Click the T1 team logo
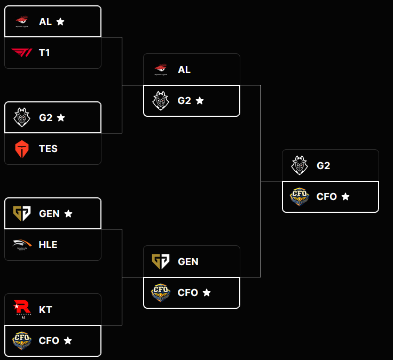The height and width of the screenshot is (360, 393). [22, 52]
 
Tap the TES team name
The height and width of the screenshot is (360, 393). [48, 149]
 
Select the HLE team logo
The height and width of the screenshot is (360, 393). [22, 244]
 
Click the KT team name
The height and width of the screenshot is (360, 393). [45, 309]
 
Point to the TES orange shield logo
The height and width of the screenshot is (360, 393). [22, 149]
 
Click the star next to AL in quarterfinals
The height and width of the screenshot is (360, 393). [60, 22]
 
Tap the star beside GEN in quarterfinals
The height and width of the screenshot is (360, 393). [68, 213]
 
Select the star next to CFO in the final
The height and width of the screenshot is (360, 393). [345, 197]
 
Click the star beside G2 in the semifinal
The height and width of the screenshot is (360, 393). [200, 101]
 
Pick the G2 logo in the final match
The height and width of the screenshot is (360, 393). [300, 165]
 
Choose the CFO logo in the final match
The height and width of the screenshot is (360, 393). [300, 197]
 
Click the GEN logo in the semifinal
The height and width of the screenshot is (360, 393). [161, 261]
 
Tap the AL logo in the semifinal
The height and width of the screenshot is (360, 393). [161, 69]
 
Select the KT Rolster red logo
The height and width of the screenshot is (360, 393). [22, 309]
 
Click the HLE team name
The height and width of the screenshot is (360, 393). [48, 245]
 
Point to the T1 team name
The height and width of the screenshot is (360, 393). [44, 53]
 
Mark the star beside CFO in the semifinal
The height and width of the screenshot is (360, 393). [207, 293]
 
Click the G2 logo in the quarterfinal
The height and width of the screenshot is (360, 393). [22, 117]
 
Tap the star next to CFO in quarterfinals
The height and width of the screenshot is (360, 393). [68, 341]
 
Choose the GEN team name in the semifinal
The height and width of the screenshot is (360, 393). [188, 262]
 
